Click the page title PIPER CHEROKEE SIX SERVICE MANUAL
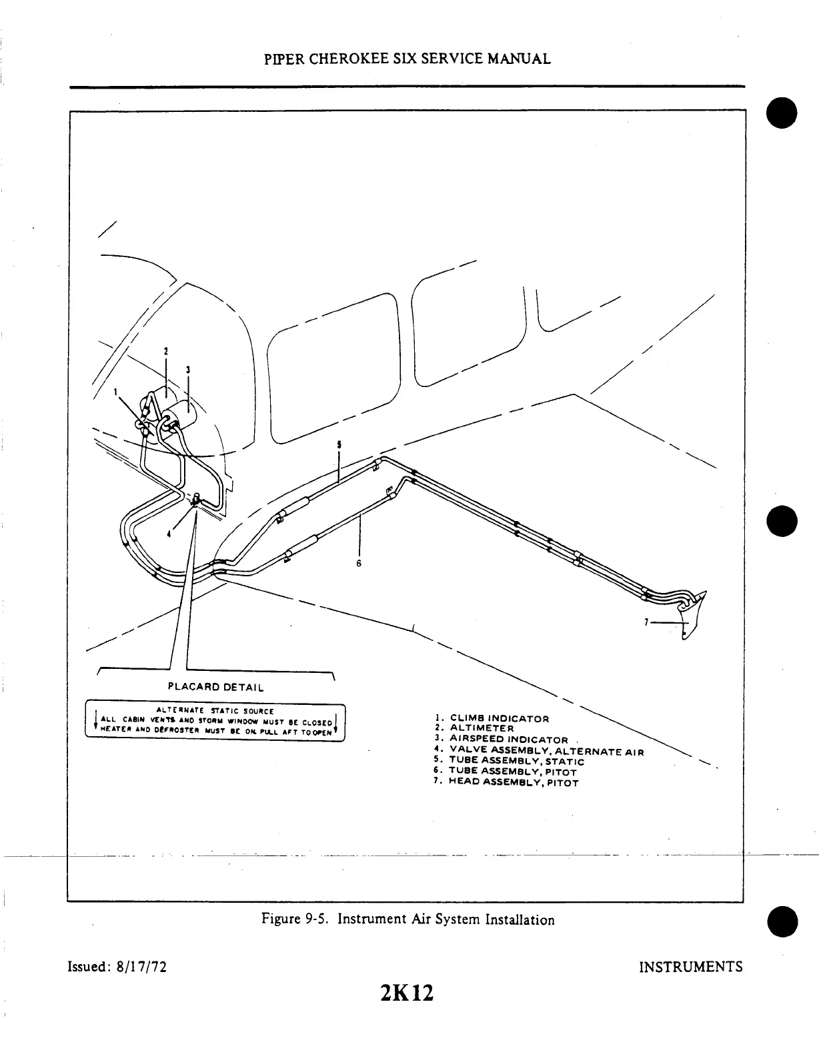[407, 59]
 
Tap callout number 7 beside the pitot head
[646, 622]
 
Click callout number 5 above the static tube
[339, 444]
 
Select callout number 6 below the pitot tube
[358, 563]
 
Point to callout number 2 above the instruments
[166, 350]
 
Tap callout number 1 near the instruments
[115, 392]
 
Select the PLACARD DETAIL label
[215, 687]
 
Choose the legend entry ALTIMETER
[482, 728]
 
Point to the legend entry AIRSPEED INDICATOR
[509, 739]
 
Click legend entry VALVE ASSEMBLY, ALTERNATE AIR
[546, 751]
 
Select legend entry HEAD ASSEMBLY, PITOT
[513, 782]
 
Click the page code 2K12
[406, 993]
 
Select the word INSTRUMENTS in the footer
[690, 967]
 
